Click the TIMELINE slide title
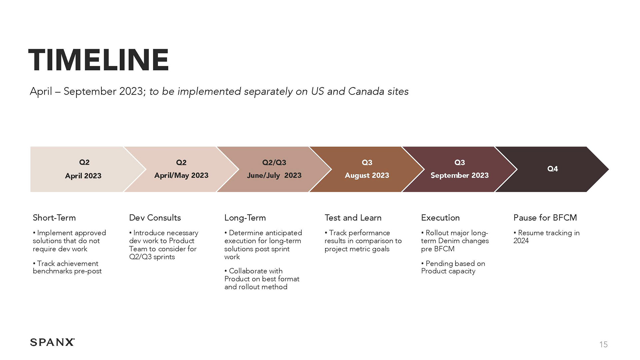pyautogui.click(x=99, y=60)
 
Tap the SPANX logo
pyautogui.click(x=52, y=342)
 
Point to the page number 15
pyautogui.click(x=603, y=345)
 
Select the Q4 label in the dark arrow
pyautogui.click(x=552, y=169)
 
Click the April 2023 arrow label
pyautogui.click(x=83, y=176)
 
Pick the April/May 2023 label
pyautogui.click(x=181, y=175)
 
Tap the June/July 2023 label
pyautogui.click(x=274, y=175)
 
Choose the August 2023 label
pyautogui.click(x=367, y=175)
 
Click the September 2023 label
pyautogui.click(x=460, y=175)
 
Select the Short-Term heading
pyautogui.click(x=54, y=218)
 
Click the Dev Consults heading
pyautogui.click(x=155, y=218)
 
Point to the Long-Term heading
pyautogui.click(x=245, y=218)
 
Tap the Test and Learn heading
pyautogui.click(x=353, y=218)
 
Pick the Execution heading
pyautogui.click(x=440, y=218)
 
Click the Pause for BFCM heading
pyautogui.click(x=545, y=218)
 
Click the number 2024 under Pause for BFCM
pyautogui.click(x=521, y=241)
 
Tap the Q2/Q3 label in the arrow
pyautogui.click(x=274, y=162)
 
